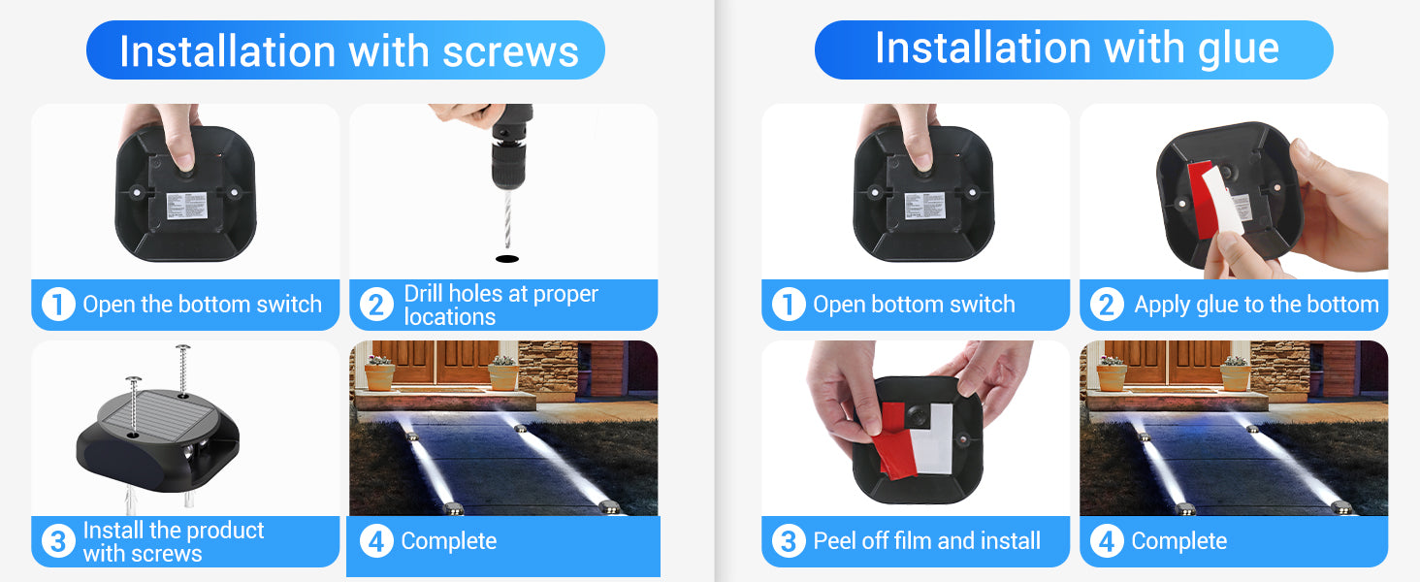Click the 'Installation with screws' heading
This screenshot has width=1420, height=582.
(x=348, y=50)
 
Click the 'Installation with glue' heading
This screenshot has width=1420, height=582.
(x=1077, y=48)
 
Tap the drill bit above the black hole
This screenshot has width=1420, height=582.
(x=506, y=219)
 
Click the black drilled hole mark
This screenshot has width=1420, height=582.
(x=506, y=259)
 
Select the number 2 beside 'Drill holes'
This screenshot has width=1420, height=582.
(x=376, y=305)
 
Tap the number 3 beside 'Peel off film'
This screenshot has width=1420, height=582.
(x=789, y=541)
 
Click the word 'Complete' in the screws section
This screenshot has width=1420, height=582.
(x=449, y=541)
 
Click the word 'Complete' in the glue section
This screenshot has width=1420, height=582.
(x=1179, y=541)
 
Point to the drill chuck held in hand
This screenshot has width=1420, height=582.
(x=509, y=155)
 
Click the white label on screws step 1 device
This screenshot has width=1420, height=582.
(x=187, y=206)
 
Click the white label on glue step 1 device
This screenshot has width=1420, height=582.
(x=925, y=206)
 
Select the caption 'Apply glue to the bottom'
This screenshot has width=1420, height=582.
(x=1256, y=305)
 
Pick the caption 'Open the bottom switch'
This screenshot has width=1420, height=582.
(x=202, y=305)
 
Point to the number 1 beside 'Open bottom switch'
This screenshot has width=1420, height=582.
(x=789, y=305)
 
